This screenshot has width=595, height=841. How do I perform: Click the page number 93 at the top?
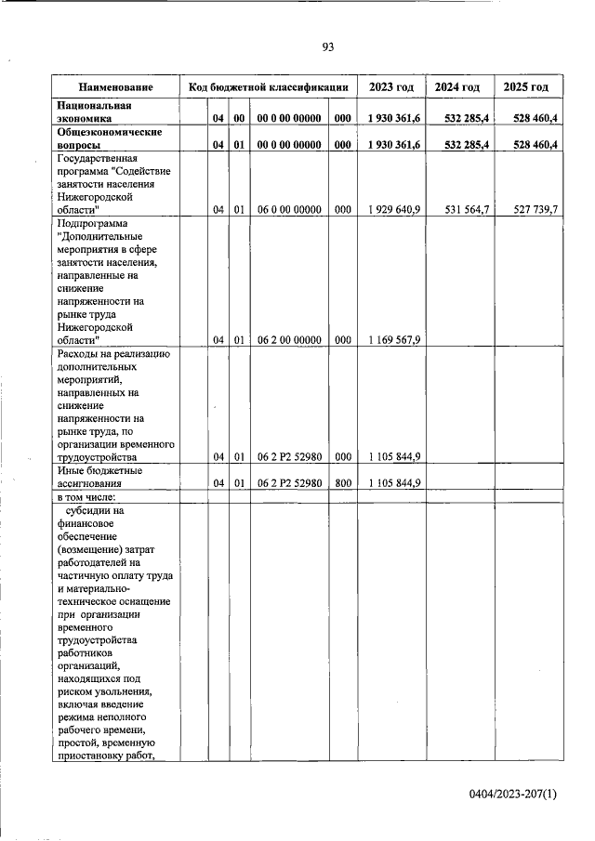point(327,47)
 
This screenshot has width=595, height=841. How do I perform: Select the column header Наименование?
point(115,87)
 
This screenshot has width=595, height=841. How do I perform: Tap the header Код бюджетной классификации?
point(268,87)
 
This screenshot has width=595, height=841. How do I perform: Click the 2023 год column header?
point(391,87)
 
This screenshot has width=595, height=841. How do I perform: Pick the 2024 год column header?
point(457,87)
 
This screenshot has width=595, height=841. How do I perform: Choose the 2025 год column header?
point(525,87)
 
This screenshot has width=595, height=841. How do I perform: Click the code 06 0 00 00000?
point(289,210)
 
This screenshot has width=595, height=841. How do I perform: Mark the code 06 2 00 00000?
point(289,340)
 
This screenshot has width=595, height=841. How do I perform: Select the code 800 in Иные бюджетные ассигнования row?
point(342,483)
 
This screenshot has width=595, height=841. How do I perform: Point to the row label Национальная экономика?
point(93,112)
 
